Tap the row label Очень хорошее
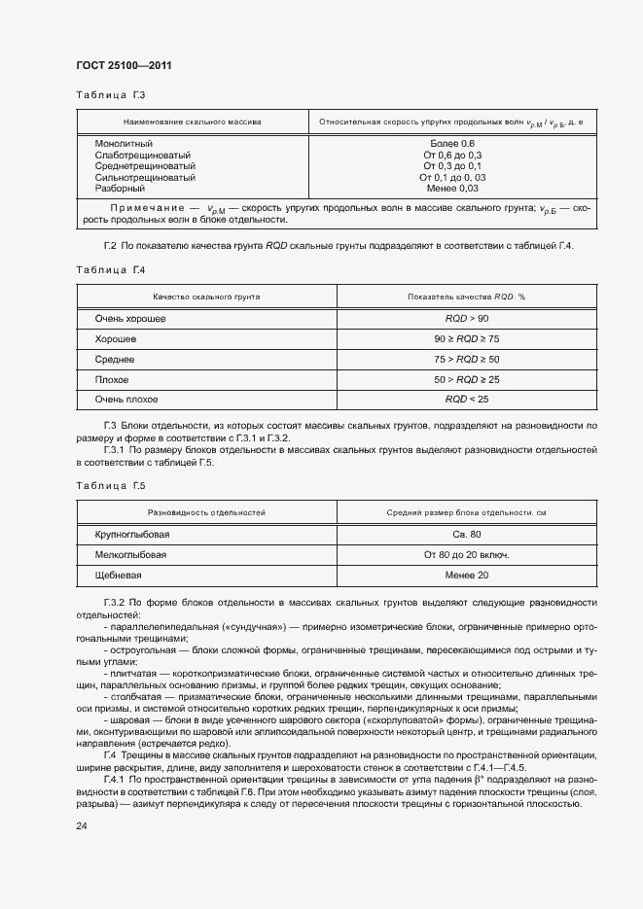[x=130, y=319]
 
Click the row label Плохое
[x=112, y=379]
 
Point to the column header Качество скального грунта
[x=205, y=296]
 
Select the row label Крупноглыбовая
[x=132, y=535]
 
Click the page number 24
[x=82, y=826]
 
